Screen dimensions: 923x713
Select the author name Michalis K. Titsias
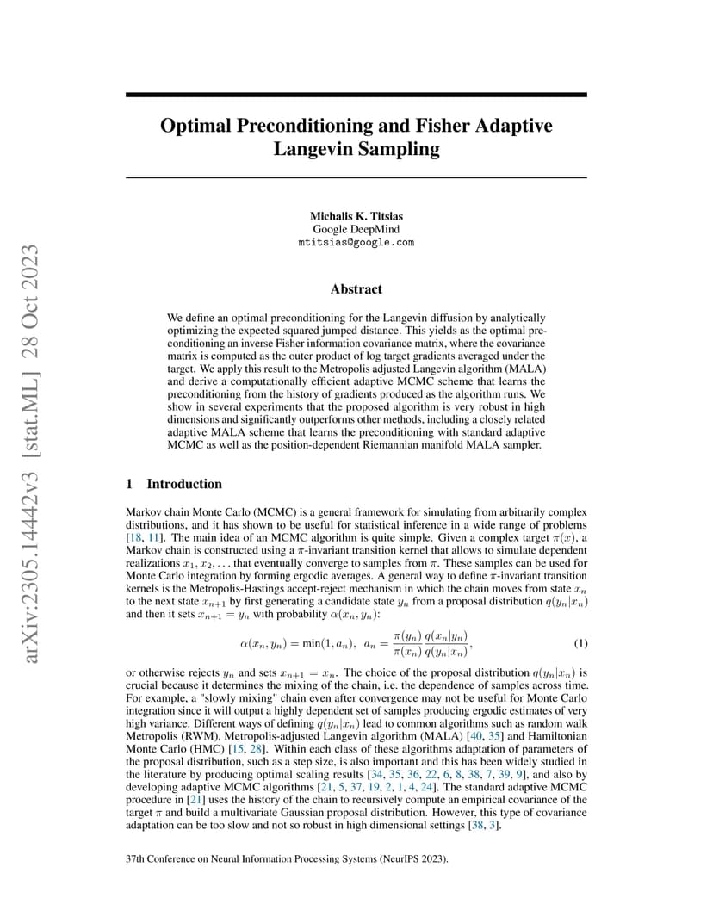(356, 216)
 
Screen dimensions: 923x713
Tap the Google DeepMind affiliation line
(356, 229)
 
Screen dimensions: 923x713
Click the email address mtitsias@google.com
(356, 243)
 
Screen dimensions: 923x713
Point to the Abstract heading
(356, 289)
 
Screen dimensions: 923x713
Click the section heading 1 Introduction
(174, 484)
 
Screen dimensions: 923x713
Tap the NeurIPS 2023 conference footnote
(287, 859)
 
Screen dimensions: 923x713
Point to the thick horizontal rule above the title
(356, 95)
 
